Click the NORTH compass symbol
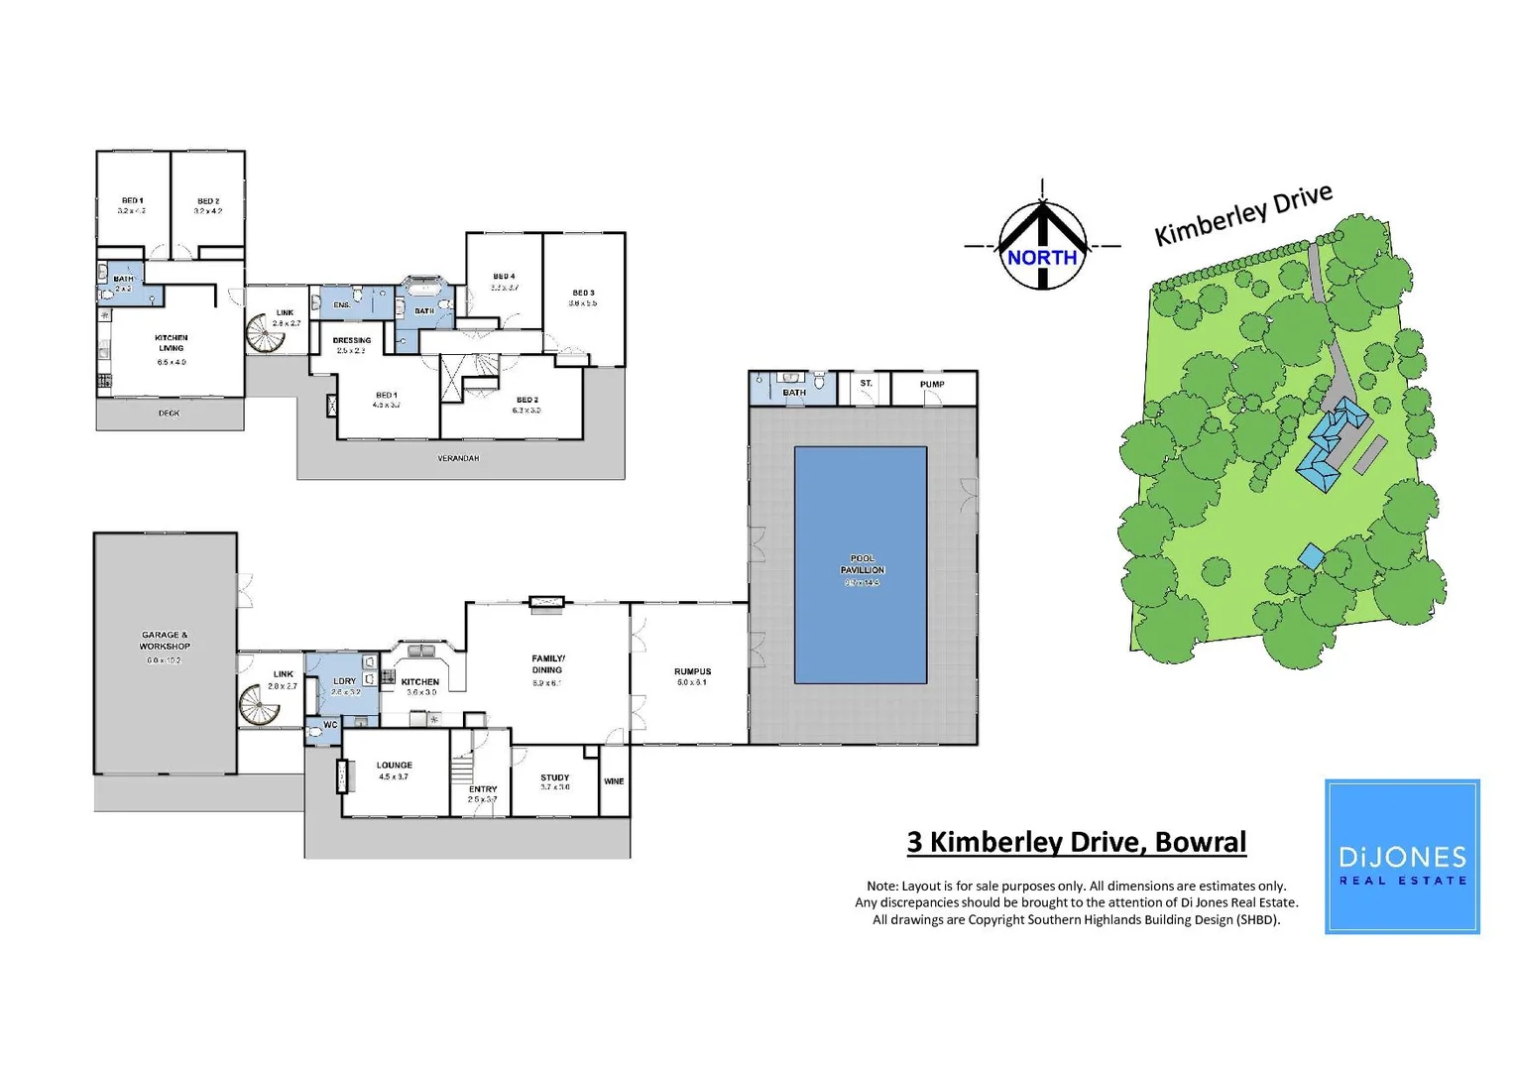tap(1042, 247)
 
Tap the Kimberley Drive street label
tap(1243, 214)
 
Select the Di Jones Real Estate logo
tap(1402, 857)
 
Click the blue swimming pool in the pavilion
tap(861, 564)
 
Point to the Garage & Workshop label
tap(165, 641)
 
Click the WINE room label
tap(614, 781)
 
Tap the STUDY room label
tap(555, 778)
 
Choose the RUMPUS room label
tap(692, 672)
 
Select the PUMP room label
tap(932, 385)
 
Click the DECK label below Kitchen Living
tap(169, 414)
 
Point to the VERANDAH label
tap(458, 458)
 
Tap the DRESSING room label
tap(352, 341)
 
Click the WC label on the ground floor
tap(330, 725)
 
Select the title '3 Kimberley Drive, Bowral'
tap(1076, 842)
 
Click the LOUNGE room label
tap(394, 766)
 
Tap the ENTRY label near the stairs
tap(483, 789)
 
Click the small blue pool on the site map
tap(1311, 556)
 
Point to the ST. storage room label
tap(866, 384)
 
